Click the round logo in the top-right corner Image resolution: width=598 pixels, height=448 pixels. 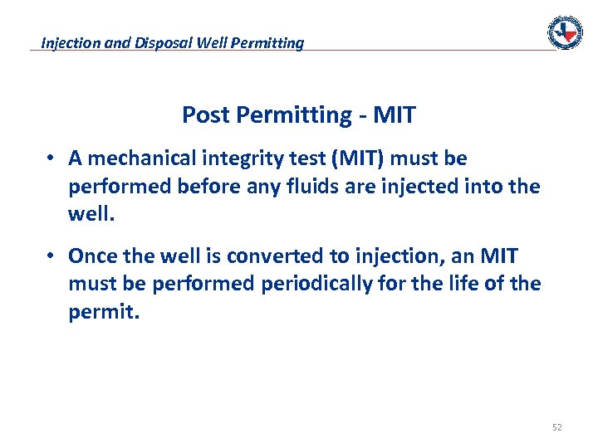[565, 32]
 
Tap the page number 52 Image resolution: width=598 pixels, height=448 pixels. [556, 427]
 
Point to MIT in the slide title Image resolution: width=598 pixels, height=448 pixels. [395, 114]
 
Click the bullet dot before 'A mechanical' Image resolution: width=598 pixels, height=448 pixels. [51, 158]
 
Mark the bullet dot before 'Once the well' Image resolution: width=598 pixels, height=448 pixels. [51, 255]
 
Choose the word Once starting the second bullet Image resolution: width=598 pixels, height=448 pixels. [92, 255]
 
